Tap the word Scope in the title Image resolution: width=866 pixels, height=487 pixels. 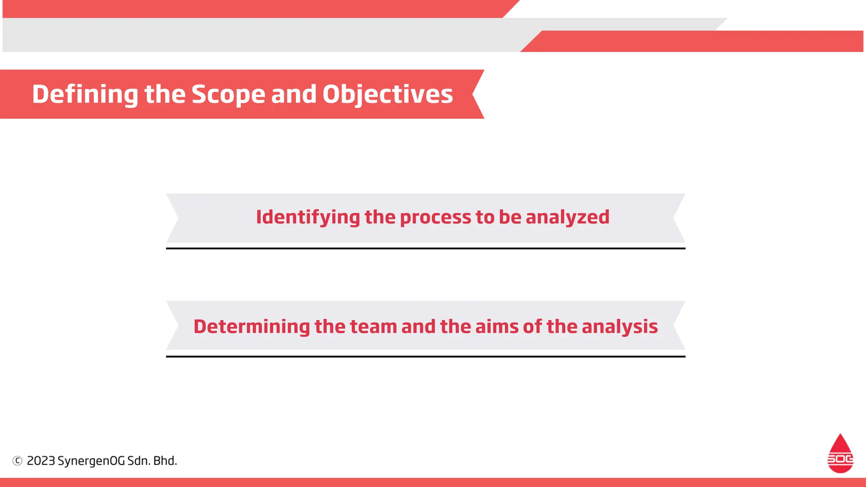[228, 94]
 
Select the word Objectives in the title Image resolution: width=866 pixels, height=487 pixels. [387, 94]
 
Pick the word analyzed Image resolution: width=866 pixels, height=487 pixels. [567, 217]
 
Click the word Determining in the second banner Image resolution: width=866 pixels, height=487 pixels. [252, 326]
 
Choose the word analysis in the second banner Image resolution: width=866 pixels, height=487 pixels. [619, 326]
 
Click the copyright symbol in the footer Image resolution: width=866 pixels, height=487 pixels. [17, 461]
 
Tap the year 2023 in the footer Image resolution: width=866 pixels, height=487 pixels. [41, 461]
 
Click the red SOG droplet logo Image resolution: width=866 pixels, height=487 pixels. [840, 454]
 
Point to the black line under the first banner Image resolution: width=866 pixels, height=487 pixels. [425, 249]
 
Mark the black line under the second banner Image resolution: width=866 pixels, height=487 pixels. [425, 356]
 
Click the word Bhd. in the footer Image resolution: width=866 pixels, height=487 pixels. [165, 461]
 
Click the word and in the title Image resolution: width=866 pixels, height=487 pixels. [293, 94]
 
